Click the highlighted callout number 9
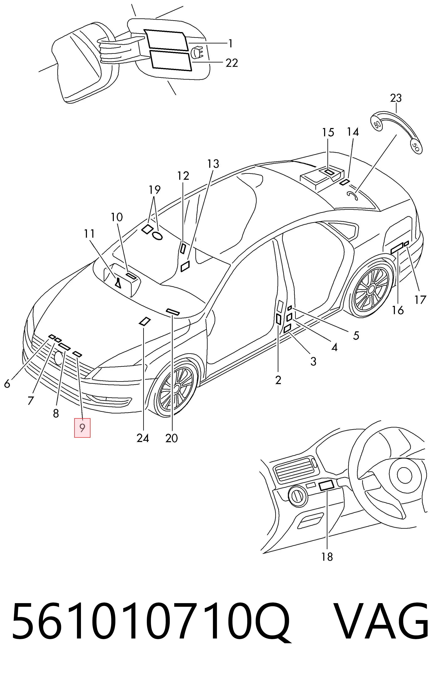[x=82, y=428]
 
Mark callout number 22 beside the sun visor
[x=231, y=63]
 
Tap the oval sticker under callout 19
[x=157, y=235]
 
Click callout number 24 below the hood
[x=142, y=438]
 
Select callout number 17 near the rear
[x=420, y=299]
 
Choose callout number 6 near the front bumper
[x=7, y=383]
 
